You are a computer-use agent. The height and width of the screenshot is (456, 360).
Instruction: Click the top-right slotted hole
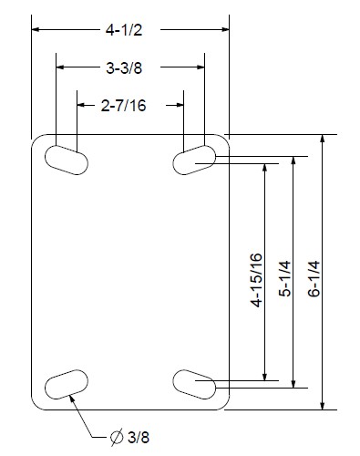pos(194,159)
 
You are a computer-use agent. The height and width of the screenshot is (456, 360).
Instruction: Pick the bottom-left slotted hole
pos(66,385)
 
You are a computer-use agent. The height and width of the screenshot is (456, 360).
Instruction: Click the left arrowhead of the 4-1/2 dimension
pos(37,29)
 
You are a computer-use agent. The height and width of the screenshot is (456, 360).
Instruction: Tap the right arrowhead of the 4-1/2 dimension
pos(223,29)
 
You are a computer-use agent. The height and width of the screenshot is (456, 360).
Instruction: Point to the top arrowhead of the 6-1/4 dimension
pos(323,141)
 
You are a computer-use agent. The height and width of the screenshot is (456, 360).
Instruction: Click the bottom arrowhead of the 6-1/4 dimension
pos(323,405)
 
